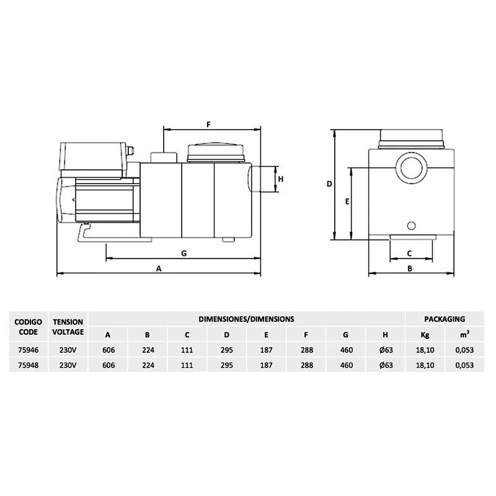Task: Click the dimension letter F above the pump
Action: click(208, 125)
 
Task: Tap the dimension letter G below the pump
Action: click(184, 254)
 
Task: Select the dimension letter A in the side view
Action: click(159, 268)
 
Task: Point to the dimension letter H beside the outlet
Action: click(281, 179)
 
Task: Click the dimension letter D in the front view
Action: click(329, 184)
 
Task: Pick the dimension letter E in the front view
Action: click(347, 201)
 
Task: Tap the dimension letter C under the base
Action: click(409, 254)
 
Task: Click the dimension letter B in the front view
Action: click(410, 268)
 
